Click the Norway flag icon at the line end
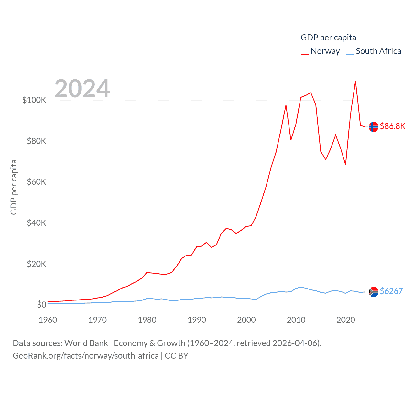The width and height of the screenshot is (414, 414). [x=374, y=127]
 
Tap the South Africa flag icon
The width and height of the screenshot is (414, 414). [x=374, y=292]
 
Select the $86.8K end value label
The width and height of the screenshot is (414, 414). [x=393, y=126]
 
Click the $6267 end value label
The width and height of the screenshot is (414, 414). [x=391, y=291]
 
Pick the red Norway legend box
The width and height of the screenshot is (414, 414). [x=305, y=51]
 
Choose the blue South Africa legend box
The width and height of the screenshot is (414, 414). [x=350, y=51]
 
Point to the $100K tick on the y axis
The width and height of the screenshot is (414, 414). [x=34, y=100]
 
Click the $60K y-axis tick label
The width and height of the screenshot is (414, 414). [x=37, y=182]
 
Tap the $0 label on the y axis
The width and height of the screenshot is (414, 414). [x=41, y=305]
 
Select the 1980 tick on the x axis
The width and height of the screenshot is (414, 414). [x=147, y=320]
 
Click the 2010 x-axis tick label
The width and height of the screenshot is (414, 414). [x=296, y=320]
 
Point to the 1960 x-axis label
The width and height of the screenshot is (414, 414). [x=48, y=320]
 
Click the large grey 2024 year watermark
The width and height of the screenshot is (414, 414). [x=82, y=89]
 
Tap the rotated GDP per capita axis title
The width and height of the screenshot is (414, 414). [x=14, y=187]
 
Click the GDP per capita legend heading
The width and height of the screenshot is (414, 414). [x=328, y=38]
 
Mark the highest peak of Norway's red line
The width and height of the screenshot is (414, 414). [x=355, y=81]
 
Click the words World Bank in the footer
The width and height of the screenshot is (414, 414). [x=86, y=343]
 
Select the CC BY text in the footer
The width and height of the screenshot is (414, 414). [x=177, y=356]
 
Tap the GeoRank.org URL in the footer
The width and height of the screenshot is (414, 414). [x=86, y=356]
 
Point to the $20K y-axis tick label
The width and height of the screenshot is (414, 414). [x=37, y=264]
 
